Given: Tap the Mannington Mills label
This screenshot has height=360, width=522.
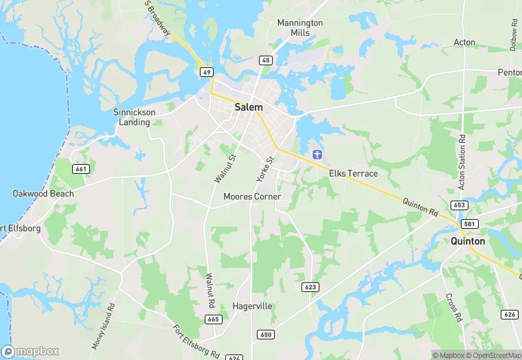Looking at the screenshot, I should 300,27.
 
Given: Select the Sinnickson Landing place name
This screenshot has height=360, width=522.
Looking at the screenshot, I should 134,117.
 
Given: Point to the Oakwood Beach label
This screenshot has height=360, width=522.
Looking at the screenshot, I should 43,194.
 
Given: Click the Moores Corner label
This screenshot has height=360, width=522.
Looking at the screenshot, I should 252,196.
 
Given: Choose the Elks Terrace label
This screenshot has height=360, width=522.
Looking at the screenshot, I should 353,173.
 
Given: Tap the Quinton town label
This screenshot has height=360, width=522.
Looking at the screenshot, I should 468,241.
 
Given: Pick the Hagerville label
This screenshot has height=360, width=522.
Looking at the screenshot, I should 253,306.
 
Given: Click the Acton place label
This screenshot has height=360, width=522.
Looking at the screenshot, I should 464,42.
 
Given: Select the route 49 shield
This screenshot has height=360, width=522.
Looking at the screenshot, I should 206,71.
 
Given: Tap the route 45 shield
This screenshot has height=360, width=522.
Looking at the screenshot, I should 265,60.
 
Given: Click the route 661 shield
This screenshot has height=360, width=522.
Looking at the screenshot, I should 81,169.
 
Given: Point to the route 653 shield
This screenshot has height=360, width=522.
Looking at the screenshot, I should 459,205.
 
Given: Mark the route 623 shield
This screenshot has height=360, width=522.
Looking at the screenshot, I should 310,286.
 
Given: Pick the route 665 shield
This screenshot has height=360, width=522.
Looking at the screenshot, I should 214,319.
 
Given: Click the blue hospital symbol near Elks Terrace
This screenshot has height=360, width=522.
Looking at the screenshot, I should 318,153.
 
